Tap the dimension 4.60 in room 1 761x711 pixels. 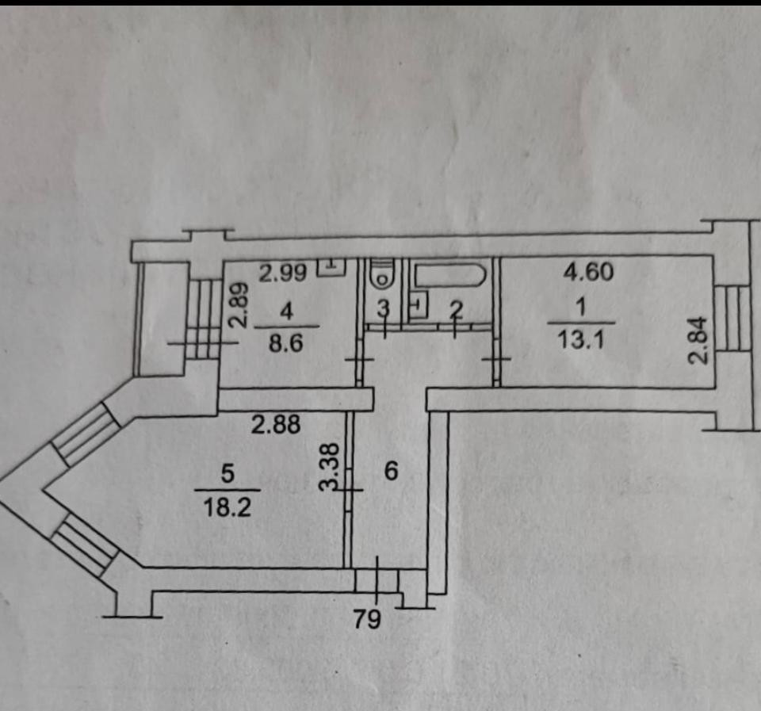[x=588, y=273]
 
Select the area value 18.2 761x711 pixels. [x=228, y=508]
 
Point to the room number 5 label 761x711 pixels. [x=228, y=474]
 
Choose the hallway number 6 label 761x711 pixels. [x=390, y=470]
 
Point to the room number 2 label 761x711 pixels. [x=455, y=309]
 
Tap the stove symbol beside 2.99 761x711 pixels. [x=331, y=267]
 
